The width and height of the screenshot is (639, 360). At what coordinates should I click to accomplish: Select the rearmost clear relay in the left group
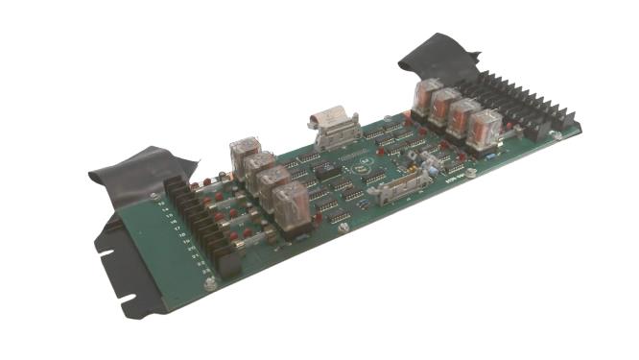[x=245, y=155]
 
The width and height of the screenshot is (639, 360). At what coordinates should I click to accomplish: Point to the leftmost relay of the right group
[x=426, y=97]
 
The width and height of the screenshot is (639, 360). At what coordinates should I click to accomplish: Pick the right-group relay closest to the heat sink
[x=485, y=127]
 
